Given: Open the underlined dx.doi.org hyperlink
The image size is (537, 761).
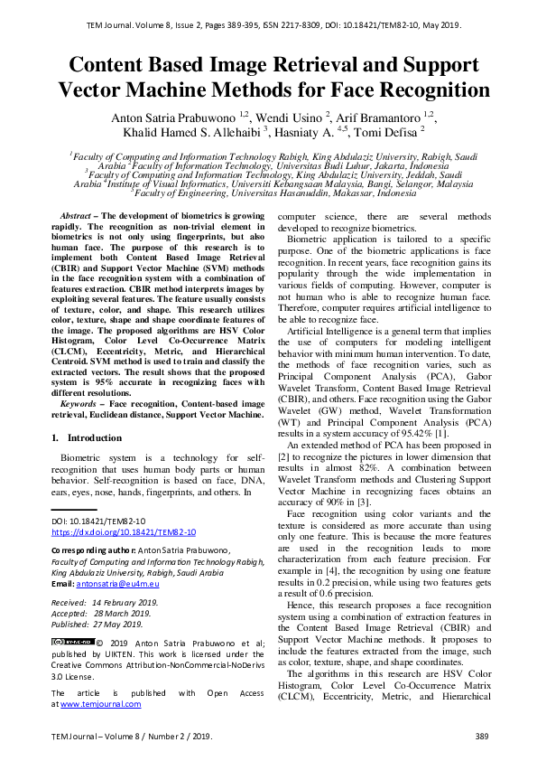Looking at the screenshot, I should [123, 532].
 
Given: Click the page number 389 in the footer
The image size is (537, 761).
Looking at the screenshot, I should [481, 738].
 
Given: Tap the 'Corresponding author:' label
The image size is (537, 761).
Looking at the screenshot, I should [89, 550].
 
